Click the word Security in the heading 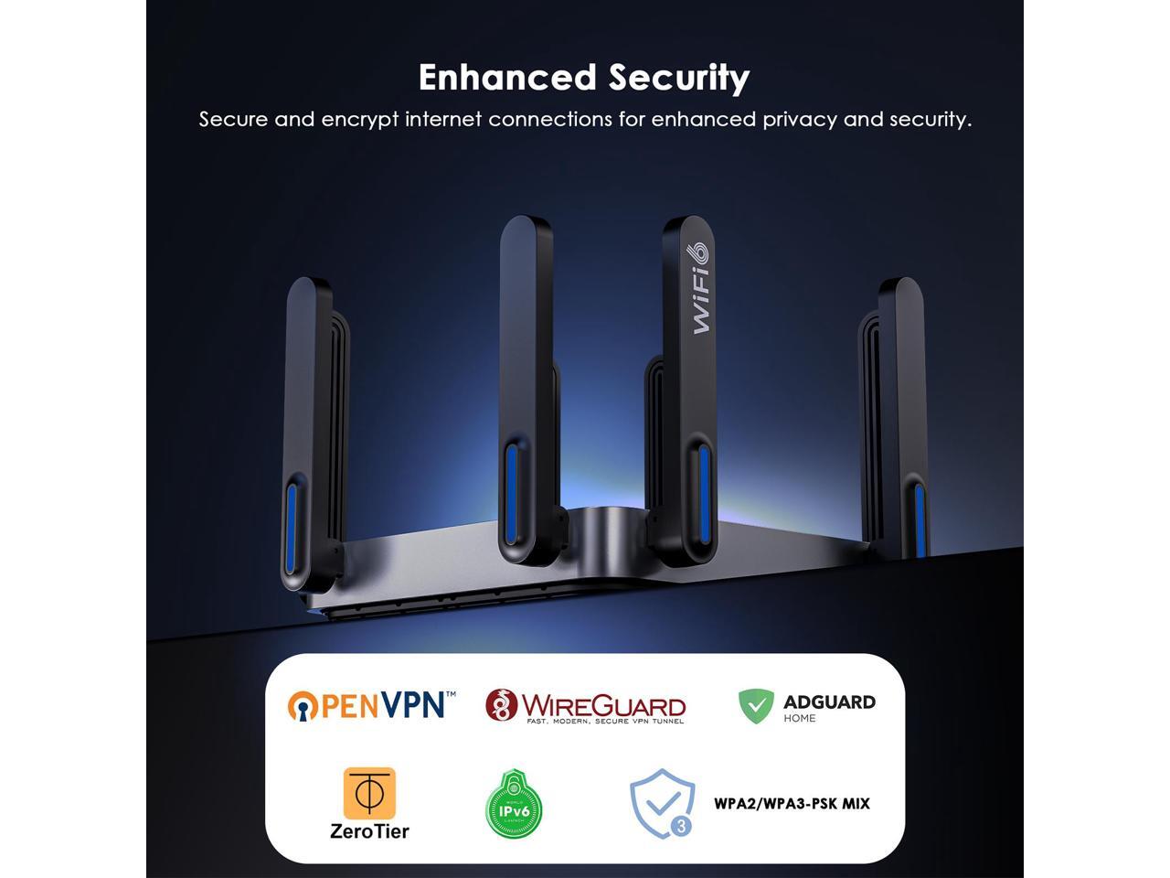click(x=679, y=78)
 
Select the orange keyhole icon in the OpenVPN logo click(x=303, y=705)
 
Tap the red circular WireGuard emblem click(x=501, y=705)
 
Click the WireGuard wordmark click(x=603, y=705)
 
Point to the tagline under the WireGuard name click(x=604, y=722)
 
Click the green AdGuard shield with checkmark click(x=756, y=706)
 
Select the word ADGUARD click(x=829, y=701)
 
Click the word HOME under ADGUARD click(x=800, y=719)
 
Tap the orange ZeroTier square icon click(x=369, y=793)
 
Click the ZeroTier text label click(x=369, y=831)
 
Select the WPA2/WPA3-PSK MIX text click(x=792, y=804)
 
